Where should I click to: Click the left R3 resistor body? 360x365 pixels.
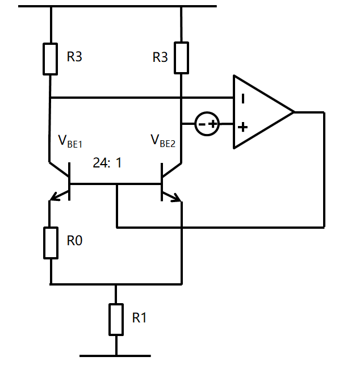click(x=51, y=58)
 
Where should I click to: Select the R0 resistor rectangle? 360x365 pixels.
click(x=51, y=242)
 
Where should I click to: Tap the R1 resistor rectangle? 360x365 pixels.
click(x=116, y=319)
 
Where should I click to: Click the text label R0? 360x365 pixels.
click(x=75, y=241)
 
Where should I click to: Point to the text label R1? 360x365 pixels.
click(x=139, y=318)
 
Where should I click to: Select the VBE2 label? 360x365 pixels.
click(x=162, y=141)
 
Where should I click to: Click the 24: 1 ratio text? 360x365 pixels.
click(x=108, y=163)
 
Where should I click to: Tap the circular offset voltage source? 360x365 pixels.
click(x=207, y=124)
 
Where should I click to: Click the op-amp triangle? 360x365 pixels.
click(x=258, y=112)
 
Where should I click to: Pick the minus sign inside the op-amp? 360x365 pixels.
click(x=243, y=98)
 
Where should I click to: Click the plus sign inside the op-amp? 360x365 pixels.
click(x=243, y=126)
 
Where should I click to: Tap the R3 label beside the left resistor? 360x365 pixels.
click(x=75, y=57)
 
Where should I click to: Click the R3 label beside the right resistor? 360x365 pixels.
click(x=161, y=57)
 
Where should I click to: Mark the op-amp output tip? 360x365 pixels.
click(x=293, y=112)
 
